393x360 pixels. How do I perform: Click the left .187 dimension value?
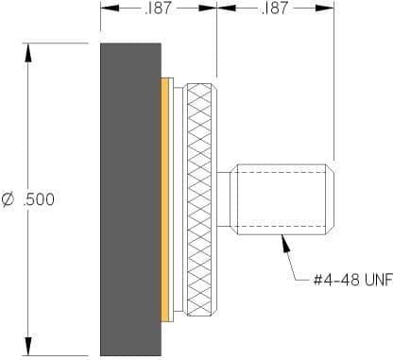click(x=158, y=8)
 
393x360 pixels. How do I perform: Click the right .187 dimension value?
click(x=275, y=8)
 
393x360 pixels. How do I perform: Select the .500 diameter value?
click(x=39, y=199)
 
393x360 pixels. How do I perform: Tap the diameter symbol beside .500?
click(x=8, y=199)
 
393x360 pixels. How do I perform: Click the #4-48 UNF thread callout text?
click(x=353, y=280)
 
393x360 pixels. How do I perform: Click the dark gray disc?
click(x=130, y=199)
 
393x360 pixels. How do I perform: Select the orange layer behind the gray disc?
click(x=165, y=199)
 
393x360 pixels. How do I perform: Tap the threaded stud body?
click(x=282, y=199)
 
